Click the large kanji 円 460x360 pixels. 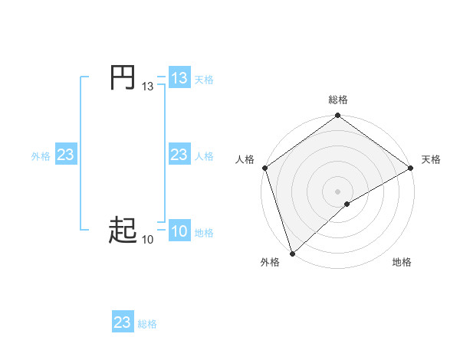click(x=123, y=78)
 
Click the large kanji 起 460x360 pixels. click(x=123, y=229)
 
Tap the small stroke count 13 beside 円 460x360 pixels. click(x=147, y=87)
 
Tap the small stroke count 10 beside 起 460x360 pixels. click(x=147, y=240)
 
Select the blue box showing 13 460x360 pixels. click(x=179, y=78)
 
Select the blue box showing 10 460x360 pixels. click(x=179, y=232)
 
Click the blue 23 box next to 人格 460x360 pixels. click(x=179, y=155)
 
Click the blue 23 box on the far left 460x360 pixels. click(x=65, y=155)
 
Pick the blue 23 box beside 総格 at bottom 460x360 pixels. click(x=123, y=322)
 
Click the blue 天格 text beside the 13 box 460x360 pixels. click(x=204, y=79)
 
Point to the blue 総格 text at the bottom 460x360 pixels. click(x=147, y=324)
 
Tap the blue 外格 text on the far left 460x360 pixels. click(x=41, y=156)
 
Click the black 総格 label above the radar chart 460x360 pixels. click(x=337, y=100)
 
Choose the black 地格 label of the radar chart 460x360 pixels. click(x=402, y=263)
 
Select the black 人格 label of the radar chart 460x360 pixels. click(x=245, y=159)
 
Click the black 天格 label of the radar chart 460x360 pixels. click(x=431, y=159)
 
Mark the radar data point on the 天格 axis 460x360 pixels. click(x=410, y=168)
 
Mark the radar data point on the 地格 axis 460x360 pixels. click(x=347, y=204)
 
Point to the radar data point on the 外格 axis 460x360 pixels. click(x=292, y=253)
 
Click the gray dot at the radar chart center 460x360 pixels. click(x=337, y=191)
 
